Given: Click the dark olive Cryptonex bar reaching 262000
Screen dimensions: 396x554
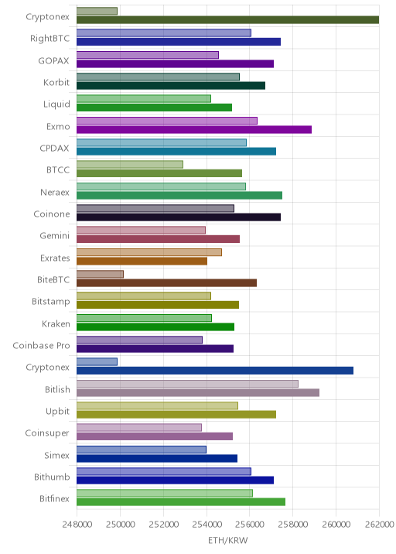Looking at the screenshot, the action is [228, 20].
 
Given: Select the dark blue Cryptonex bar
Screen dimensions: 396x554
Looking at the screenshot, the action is [215, 371].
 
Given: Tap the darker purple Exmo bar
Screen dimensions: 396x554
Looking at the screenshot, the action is [194, 130].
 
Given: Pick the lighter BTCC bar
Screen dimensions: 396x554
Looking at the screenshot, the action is [130, 164].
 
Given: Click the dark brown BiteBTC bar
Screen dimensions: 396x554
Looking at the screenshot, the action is [166, 283].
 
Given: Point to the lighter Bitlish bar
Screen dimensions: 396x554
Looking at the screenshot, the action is [187, 384].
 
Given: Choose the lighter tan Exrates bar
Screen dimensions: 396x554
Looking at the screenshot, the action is [149, 252].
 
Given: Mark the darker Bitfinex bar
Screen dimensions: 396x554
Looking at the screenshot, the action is [181, 502].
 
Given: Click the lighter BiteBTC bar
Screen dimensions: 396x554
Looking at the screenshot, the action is [100, 274].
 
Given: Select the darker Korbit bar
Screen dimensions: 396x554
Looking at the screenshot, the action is [171, 86].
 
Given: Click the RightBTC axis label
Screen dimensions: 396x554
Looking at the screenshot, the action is [49, 38].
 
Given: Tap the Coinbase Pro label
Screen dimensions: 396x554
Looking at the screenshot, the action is [41, 345].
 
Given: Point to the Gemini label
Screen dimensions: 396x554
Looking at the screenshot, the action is [54, 236].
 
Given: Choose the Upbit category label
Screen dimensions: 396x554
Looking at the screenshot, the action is [57, 412].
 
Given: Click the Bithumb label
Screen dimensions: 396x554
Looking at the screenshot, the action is [52, 477].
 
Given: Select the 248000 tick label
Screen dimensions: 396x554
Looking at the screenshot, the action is [77, 524].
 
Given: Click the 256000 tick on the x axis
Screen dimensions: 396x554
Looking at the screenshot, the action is [250, 524].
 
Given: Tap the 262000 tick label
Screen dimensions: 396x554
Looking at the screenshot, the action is [379, 524].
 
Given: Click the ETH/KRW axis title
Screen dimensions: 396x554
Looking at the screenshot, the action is [228, 541].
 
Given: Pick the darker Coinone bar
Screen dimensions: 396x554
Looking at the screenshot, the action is [179, 217].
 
